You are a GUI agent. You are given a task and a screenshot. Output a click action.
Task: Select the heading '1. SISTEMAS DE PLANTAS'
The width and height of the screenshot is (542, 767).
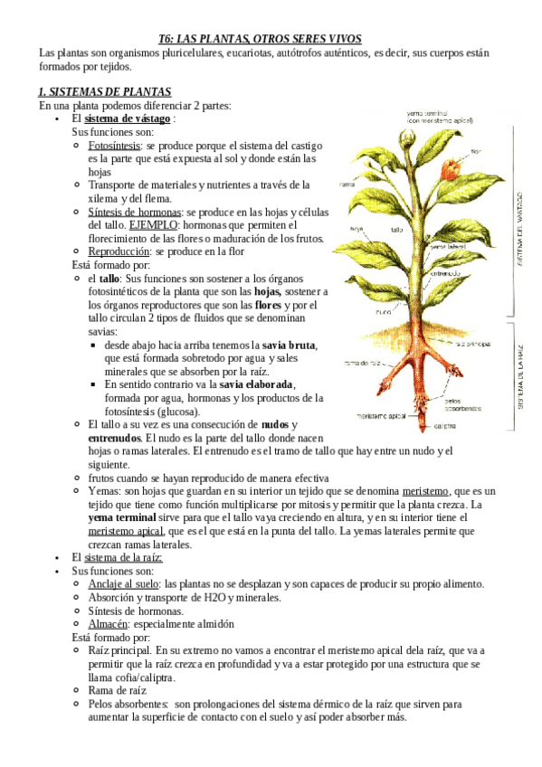tap(104, 92)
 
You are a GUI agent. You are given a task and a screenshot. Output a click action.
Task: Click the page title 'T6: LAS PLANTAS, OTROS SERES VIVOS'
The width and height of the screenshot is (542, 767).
tap(260, 39)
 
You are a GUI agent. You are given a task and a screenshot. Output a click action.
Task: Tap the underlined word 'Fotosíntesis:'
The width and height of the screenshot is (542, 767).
tap(114, 145)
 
